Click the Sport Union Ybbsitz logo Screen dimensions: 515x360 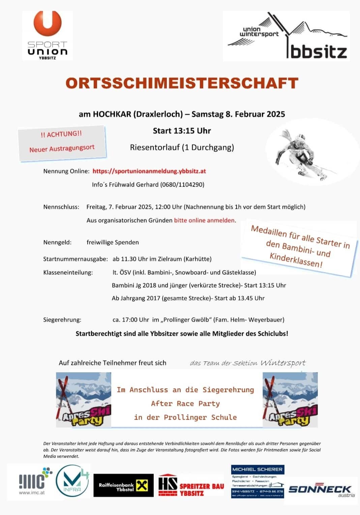pos(47,35)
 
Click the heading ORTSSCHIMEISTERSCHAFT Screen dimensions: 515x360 pos(182,83)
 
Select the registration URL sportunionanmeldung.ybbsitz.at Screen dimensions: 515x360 pos(149,171)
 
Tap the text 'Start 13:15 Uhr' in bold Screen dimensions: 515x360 pos(182,131)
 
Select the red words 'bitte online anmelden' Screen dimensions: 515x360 pos(204,220)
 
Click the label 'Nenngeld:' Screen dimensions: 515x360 pos(57,242)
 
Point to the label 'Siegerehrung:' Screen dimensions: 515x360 pos(62,320)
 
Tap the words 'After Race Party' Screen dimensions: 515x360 pos(185,404)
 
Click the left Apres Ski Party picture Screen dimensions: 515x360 pos(84,399)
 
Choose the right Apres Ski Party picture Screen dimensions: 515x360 pos(290,399)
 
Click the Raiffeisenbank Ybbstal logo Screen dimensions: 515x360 pos(123,486)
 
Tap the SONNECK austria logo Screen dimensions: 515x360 pos(320,490)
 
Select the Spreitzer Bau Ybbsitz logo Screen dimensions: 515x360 pos(191,486)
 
